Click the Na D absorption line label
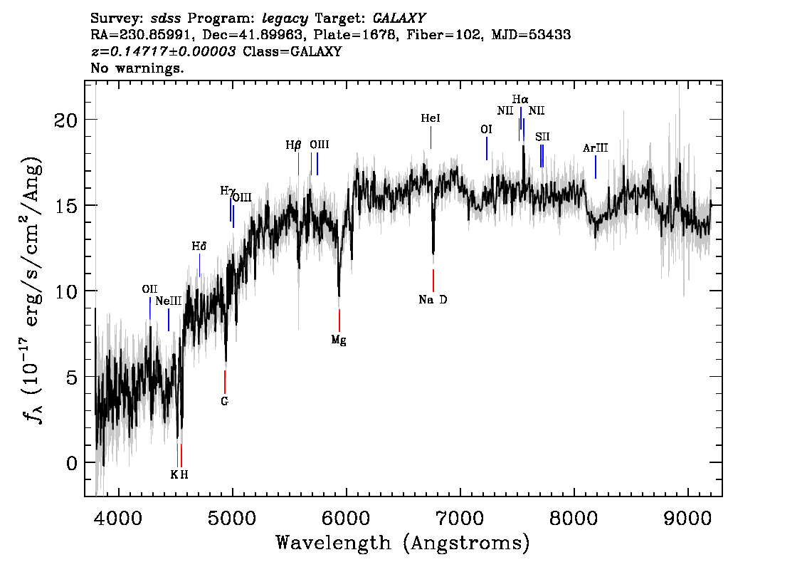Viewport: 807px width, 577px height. (x=433, y=300)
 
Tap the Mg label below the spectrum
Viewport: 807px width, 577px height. (x=339, y=341)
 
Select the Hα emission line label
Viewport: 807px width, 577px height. (x=520, y=99)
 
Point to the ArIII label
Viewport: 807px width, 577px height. (x=595, y=148)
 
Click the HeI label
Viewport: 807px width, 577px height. (x=431, y=119)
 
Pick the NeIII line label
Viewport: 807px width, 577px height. (x=169, y=301)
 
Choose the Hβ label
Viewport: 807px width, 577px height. (x=293, y=145)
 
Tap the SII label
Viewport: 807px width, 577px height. (x=542, y=137)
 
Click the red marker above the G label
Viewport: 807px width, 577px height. (x=225, y=382)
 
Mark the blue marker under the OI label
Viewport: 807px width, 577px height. (x=487, y=148)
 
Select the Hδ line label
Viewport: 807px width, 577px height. (x=199, y=246)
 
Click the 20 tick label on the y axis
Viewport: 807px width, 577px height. (x=66, y=120)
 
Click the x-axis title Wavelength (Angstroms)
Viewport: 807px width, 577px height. (x=403, y=544)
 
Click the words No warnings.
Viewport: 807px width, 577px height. (x=137, y=69)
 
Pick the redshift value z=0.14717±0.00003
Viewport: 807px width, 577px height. (x=163, y=52)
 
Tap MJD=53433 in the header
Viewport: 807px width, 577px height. (x=531, y=34)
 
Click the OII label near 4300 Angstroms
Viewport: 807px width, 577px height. (x=149, y=289)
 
